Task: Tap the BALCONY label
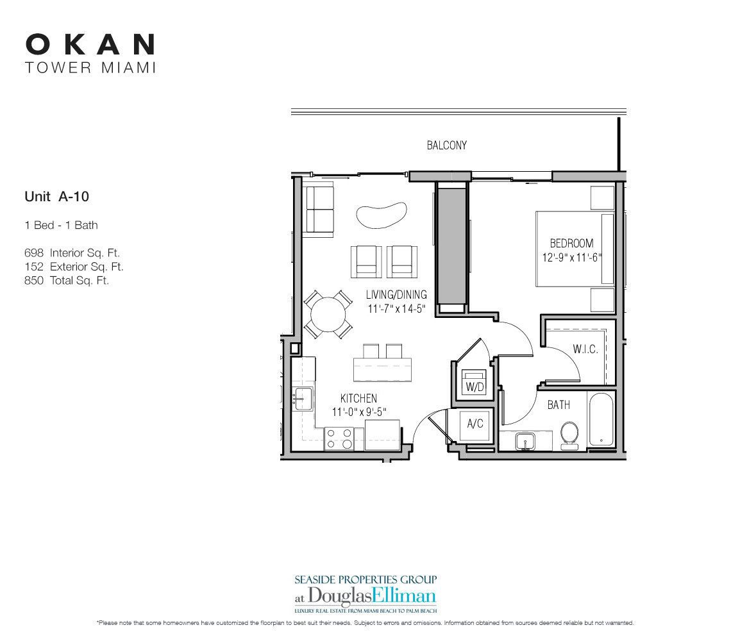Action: point(447,146)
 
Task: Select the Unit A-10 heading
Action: point(56,197)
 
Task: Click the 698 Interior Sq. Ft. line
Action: point(72,253)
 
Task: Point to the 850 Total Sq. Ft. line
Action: point(67,280)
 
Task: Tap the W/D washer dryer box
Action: point(475,384)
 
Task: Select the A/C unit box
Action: point(475,424)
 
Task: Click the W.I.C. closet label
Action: point(586,350)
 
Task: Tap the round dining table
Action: point(328,313)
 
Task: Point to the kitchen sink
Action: point(303,398)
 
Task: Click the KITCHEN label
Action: point(358,398)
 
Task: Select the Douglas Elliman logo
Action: point(365,593)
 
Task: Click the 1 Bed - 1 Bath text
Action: point(61,225)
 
